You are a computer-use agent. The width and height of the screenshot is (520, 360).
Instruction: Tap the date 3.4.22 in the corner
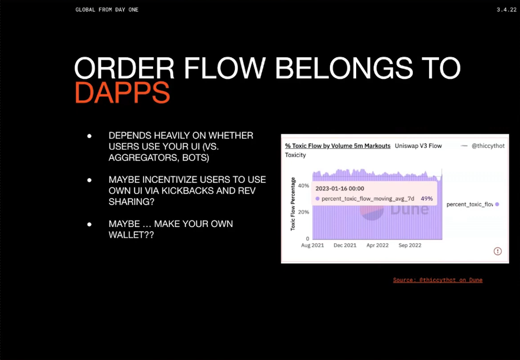pos(507,10)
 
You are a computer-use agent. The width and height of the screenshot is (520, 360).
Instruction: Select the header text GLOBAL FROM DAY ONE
pos(107,10)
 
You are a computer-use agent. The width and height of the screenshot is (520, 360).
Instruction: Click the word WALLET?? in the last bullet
pos(131,235)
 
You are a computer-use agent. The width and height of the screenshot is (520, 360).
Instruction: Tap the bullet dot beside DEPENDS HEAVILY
pos(89,136)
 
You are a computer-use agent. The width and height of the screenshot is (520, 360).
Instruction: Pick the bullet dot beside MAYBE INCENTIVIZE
pos(89,180)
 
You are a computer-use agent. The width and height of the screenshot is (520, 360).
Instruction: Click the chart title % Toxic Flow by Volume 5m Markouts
pos(337,146)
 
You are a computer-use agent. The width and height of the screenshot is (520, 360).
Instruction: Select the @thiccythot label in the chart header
pos(488,145)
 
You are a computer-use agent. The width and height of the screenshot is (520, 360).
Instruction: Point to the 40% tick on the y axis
pos(304,186)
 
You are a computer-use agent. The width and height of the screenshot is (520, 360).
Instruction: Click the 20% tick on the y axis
pos(304,212)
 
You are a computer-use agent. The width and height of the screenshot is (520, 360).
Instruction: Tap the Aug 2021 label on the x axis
pos(312,245)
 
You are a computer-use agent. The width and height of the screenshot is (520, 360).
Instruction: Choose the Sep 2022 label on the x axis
pos(410,245)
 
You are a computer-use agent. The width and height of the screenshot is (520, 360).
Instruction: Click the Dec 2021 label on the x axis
pos(345,245)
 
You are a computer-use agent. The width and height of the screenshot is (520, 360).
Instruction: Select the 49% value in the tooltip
pos(426,199)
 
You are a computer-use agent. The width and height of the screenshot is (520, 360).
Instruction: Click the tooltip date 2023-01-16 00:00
pos(340,188)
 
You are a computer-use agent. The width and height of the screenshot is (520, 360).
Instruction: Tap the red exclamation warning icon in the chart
pos(497,251)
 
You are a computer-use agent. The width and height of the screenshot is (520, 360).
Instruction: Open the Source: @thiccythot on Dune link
pos(438,280)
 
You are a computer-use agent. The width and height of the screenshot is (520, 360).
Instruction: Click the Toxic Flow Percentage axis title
pos(293,204)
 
